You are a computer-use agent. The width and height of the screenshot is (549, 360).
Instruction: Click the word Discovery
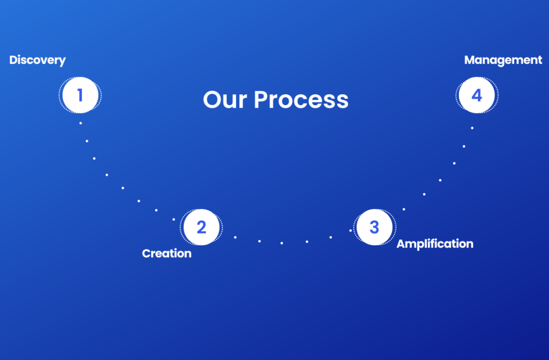click(38, 60)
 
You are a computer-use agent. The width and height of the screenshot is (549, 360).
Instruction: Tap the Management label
click(503, 60)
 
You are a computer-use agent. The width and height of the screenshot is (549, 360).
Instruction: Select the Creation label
click(167, 253)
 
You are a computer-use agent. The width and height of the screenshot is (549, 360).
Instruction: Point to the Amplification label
click(435, 244)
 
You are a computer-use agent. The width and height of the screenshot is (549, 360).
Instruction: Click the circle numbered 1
click(80, 95)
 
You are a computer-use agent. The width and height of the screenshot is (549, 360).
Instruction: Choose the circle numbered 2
click(202, 227)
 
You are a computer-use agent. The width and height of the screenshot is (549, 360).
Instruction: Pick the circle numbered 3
click(375, 227)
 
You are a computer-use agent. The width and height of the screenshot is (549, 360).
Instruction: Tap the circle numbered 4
click(477, 95)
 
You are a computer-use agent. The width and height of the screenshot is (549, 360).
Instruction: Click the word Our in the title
click(225, 100)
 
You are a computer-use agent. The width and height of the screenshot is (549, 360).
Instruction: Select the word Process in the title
click(301, 100)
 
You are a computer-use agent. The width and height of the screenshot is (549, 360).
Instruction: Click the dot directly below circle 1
click(80, 123)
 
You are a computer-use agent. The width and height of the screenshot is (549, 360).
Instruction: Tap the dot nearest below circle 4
click(472, 128)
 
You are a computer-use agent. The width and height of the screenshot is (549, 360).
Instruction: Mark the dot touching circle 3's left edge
click(351, 230)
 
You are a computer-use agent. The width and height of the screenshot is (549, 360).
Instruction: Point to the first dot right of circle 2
click(235, 237)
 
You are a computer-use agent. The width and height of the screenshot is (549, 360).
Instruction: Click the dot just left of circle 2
click(174, 219)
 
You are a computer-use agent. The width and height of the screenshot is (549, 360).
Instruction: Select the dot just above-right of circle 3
click(404, 209)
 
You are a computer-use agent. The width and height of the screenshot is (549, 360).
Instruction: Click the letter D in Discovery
click(13, 60)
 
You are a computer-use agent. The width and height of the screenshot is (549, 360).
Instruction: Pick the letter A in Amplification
click(401, 244)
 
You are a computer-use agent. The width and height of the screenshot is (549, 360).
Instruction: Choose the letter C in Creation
click(146, 253)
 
